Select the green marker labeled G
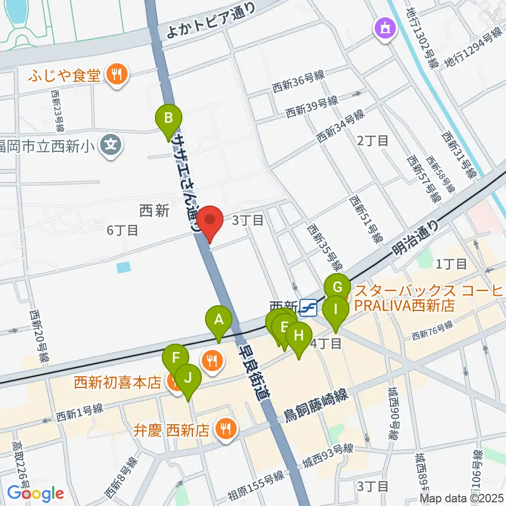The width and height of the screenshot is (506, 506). [x=337, y=288]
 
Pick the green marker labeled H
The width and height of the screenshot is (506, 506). [x=299, y=335]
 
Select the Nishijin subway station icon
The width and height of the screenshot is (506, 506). [x=308, y=306]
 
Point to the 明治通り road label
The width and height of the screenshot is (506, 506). [x=416, y=236]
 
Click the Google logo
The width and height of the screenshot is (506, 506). [x=35, y=493]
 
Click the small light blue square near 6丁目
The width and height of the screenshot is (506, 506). [x=122, y=268]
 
